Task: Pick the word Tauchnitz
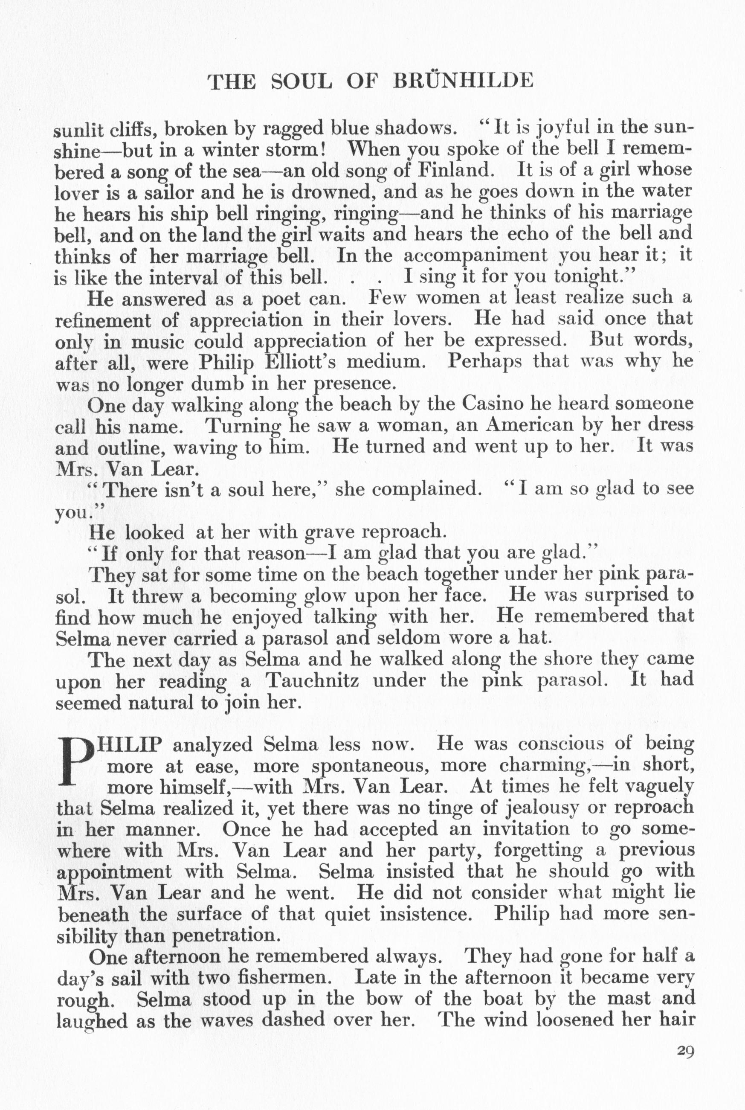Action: pos(312,680)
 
